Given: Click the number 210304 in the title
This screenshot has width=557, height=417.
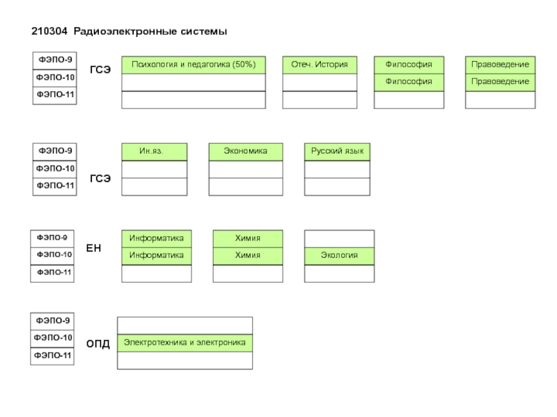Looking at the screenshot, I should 49,32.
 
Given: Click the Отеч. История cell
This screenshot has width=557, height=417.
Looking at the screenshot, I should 320,65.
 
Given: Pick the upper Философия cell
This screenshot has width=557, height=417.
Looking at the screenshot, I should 409,65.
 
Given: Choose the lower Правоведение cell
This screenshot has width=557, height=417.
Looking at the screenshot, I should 500,82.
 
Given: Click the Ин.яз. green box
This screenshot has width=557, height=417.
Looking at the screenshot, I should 155,152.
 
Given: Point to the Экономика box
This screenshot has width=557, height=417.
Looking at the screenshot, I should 246,152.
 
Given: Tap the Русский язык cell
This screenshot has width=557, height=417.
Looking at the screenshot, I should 338,152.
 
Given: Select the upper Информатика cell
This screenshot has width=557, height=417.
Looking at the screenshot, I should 157,238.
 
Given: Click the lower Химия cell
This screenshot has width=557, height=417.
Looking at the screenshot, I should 248,256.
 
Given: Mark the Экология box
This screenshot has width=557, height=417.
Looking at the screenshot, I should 339,256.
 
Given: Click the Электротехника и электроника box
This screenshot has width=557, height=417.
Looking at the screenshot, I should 185,343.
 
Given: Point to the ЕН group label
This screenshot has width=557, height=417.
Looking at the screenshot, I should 93,247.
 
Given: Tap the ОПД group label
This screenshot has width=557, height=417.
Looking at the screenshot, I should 97,344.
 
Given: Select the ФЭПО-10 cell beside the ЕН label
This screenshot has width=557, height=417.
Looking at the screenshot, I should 54,255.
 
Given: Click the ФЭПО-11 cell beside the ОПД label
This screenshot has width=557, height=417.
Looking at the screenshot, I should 54,356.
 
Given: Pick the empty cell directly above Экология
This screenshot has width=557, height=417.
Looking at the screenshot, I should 339,238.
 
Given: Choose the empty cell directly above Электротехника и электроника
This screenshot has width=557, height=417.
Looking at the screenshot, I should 185,325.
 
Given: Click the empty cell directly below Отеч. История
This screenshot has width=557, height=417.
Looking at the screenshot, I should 320,82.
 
